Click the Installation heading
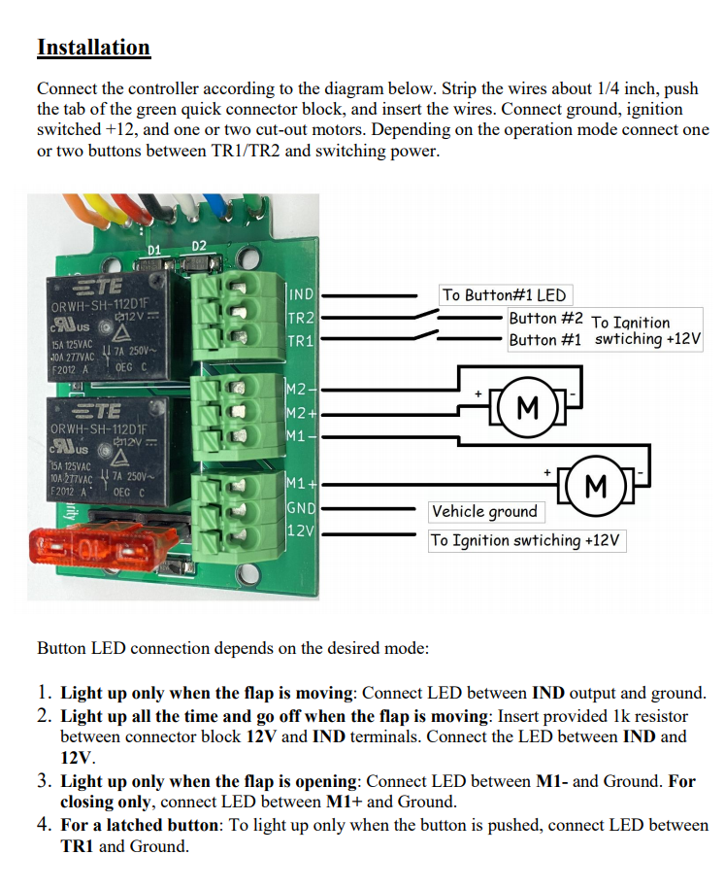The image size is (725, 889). [93, 48]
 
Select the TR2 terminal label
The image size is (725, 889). [301, 319]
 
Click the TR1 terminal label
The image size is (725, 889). [301, 342]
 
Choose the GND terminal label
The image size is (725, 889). [301, 508]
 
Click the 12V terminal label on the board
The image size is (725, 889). [301, 531]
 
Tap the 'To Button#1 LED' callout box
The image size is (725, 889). [504, 295]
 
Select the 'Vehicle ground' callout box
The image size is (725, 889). [484, 511]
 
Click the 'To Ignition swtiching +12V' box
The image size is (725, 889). [528, 540]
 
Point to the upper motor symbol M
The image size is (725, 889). [528, 406]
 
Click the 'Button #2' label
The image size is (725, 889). [545, 319]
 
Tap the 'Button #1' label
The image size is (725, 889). [545, 340]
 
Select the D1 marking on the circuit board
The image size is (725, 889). [153, 251]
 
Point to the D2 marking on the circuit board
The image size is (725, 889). [199, 246]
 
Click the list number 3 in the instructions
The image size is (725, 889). [45, 781]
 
